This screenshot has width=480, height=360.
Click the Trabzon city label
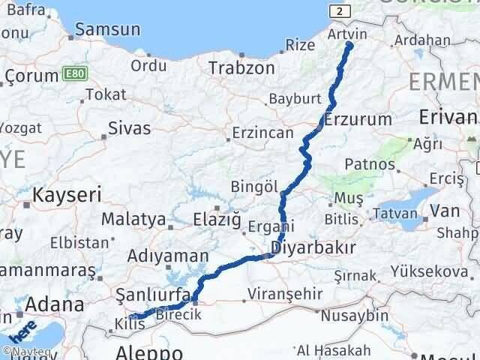(x=241, y=68)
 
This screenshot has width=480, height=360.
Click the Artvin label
(x=348, y=34)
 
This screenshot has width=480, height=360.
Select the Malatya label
(x=133, y=220)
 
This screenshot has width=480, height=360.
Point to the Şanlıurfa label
(x=151, y=295)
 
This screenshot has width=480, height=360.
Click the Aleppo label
(x=150, y=352)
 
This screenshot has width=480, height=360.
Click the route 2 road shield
(x=342, y=10)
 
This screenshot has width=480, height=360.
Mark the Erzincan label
(x=262, y=133)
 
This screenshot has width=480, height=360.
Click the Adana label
(x=55, y=305)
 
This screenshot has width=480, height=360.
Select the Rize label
(x=301, y=45)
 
